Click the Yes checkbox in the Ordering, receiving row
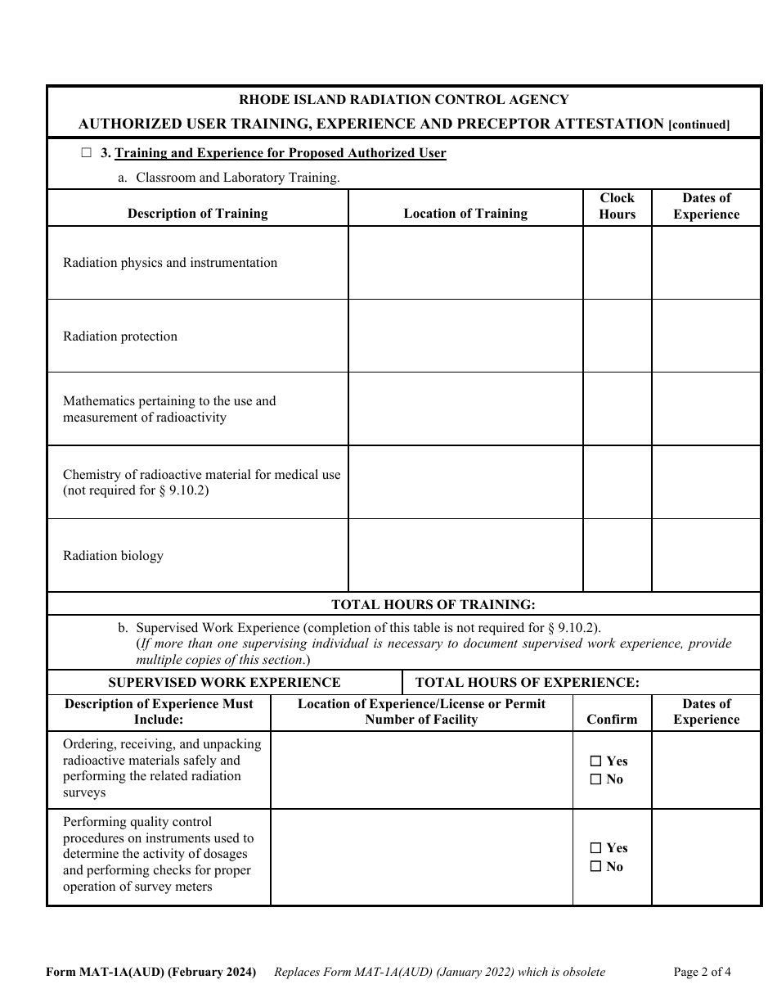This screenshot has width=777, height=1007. click(x=595, y=761)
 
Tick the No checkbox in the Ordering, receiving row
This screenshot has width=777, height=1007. click(x=595, y=779)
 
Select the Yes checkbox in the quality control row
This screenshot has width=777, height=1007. click(x=595, y=848)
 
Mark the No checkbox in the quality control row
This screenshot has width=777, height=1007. click(x=595, y=866)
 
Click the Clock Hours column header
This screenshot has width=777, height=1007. click(x=617, y=206)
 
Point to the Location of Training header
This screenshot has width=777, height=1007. click(x=465, y=214)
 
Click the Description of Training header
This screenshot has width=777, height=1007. click(x=197, y=214)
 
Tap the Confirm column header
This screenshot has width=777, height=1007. click(x=612, y=719)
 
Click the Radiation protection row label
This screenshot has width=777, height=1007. click(x=120, y=336)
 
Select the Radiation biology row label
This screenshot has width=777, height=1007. click(x=113, y=556)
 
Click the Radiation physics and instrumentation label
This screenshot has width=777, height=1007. click(x=170, y=263)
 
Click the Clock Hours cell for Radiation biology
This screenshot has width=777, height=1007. click(x=617, y=555)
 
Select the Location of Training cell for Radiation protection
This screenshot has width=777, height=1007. click(x=465, y=336)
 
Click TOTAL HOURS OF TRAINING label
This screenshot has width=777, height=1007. click(x=433, y=604)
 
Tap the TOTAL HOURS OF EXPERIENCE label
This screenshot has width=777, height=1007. click(x=527, y=682)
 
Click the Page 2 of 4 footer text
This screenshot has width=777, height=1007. click(x=702, y=972)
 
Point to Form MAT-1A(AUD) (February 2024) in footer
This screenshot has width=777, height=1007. click(x=151, y=972)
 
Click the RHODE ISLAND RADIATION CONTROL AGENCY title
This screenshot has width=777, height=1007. click(x=403, y=100)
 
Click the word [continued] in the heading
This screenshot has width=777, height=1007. click(x=698, y=124)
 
